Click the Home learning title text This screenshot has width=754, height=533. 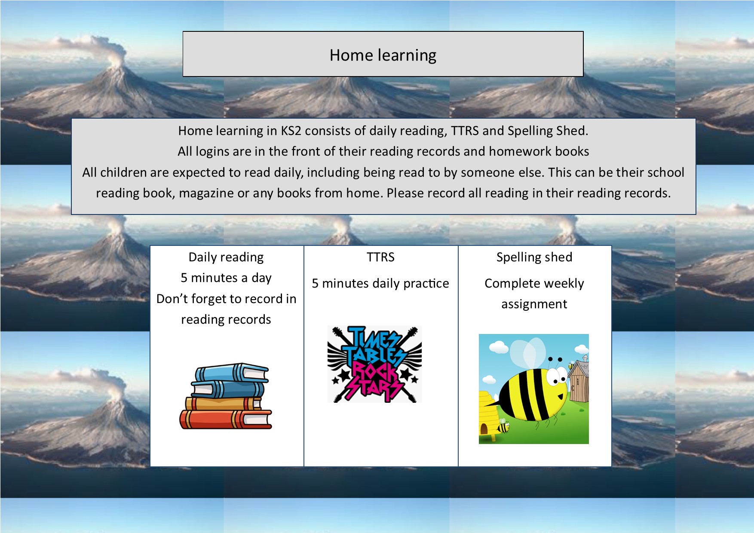click(383, 55)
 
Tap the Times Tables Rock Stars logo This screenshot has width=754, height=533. click(374, 364)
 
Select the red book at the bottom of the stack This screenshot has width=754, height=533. click(226, 419)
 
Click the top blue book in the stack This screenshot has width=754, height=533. click(232, 373)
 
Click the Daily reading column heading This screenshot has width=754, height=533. click(226, 257)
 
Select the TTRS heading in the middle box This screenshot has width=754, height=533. click(380, 257)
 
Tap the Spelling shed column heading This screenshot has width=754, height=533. click(534, 257)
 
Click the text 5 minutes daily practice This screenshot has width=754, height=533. click(380, 283)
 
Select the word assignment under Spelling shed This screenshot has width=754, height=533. click(534, 304)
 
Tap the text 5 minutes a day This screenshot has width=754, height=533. click(226, 278)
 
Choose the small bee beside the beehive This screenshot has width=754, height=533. click(503, 427)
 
